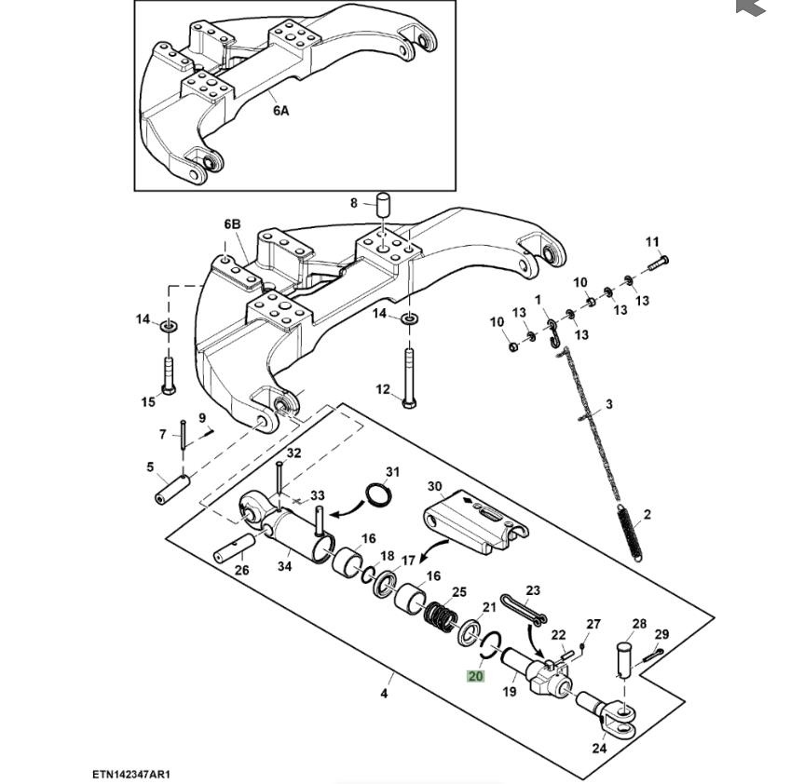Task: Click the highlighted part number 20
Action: (x=475, y=676)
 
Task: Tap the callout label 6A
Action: (x=280, y=110)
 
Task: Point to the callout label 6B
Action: (x=232, y=224)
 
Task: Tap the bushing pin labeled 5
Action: (x=173, y=487)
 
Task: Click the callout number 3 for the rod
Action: (x=609, y=404)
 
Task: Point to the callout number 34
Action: (x=283, y=566)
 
